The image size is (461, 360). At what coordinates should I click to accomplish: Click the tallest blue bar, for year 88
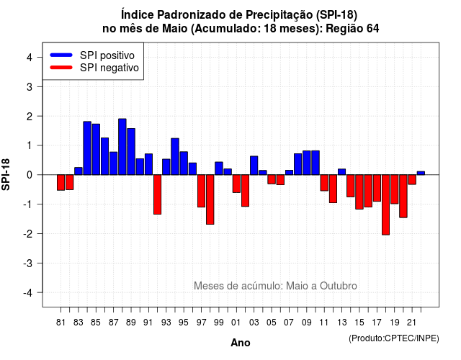tap(122, 147)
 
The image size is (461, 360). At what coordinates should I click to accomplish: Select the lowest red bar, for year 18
tap(386, 204)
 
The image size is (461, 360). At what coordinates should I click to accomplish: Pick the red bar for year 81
tap(61, 182)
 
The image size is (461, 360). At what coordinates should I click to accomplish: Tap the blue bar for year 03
tap(254, 166)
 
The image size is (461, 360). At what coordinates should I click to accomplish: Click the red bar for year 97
tap(202, 191)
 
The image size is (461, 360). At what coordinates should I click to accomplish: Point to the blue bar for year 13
tap(341, 172)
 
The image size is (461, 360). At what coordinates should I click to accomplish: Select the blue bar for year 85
tap(96, 149)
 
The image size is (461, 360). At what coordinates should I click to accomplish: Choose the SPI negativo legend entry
tap(94, 68)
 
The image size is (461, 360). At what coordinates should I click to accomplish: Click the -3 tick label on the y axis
tap(28, 264)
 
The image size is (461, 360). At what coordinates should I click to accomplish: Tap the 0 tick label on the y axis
tap(30, 175)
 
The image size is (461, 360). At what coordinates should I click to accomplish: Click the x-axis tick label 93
tap(166, 323)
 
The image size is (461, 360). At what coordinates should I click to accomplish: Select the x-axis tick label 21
tap(411, 323)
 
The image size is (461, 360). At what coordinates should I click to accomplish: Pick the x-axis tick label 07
tap(289, 323)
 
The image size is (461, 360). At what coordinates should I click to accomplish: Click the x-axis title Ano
tap(241, 343)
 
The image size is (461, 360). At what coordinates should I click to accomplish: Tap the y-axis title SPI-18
tap(6, 174)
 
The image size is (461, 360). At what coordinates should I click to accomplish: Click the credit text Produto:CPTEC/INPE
tap(394, 338)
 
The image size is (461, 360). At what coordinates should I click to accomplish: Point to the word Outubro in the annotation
tap(339, 286)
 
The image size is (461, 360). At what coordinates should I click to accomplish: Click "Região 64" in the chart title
tap(352, 29)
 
